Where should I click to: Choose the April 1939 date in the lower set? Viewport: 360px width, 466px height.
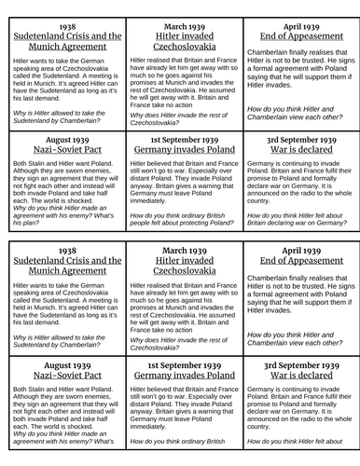click(298, 251)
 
